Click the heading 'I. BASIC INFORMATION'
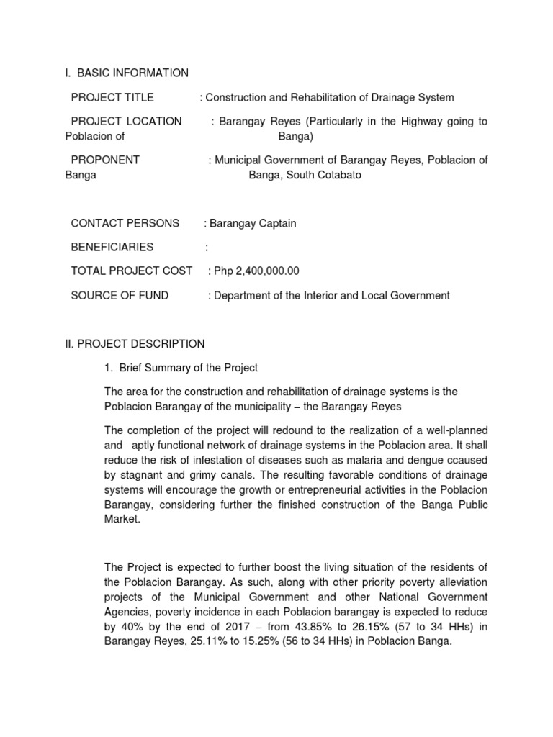pyautogui.click(x=127, y=73)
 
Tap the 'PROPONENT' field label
pyautogui.click(x=105, y=160)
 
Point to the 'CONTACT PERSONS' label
pyautogui.click(x=125, y=223)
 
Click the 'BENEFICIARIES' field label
pyautogui.click(x=112, y=247)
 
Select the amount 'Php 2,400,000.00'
pyautogui.click(x=256, y=271)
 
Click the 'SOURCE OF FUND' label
pyautogui.click(x=120, y=295)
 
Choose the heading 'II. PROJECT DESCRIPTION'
pyautogui.click(x=135, y=343)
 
